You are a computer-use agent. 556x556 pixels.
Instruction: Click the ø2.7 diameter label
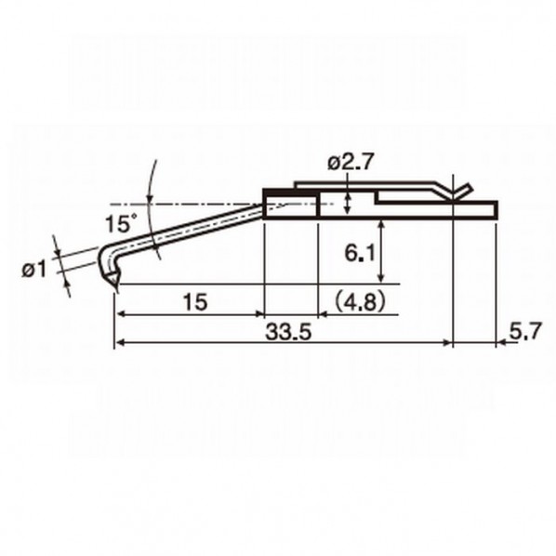[x=351, y=163]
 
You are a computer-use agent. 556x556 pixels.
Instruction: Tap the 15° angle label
[x=121, y=223]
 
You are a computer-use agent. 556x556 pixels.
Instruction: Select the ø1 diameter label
[x=34, y=271]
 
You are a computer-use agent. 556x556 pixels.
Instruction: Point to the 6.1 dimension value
[x=359, y=254]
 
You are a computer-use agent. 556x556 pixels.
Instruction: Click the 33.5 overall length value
[x=288, y=332]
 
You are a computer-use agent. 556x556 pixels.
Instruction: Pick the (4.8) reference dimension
[x=360, y=302]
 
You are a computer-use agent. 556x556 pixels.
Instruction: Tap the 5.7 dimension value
[x=526, y=332]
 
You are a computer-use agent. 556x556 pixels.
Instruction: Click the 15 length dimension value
[x=195, y=302]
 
